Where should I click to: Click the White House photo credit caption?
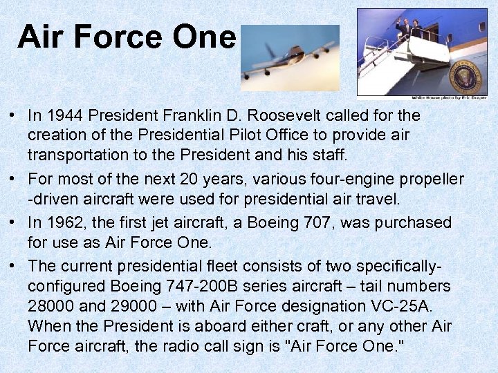[x=448, y=98]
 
